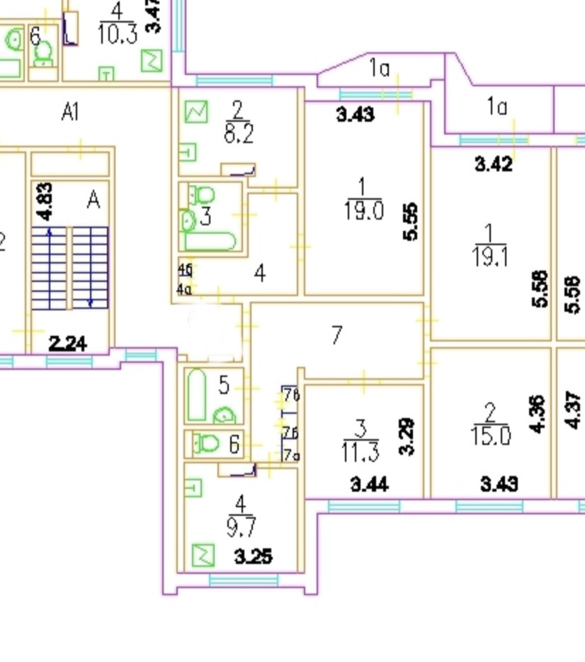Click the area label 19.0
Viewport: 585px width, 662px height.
point(363,211)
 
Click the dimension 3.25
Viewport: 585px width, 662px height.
point(253,556)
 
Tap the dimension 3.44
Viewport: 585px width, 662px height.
point(368,485)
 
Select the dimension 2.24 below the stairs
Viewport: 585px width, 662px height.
point(68,344)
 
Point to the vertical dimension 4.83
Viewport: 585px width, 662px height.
point(44,202)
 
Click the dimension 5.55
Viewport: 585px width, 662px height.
point(410,222)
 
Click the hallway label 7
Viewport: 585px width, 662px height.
point(337,335)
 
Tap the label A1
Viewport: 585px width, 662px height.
point(69,112)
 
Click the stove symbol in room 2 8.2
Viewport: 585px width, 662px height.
point(196,111)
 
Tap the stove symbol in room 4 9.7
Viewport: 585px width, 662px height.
point(203,554)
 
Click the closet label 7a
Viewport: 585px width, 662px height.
point(290,456)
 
